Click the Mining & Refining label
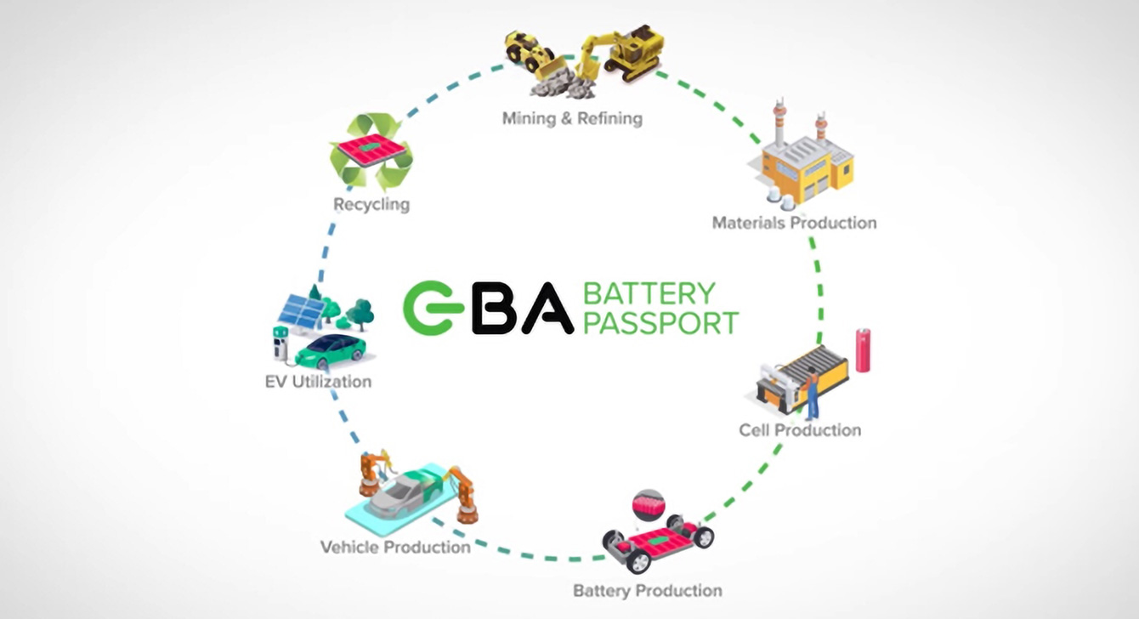tap(571, 118)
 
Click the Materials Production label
tap(794, 223)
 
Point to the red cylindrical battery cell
tap(863, 350)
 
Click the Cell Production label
tap(799, 430)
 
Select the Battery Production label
tap(647, 590)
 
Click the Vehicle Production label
tap(395, 547)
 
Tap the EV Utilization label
tap(318, 382)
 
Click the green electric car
tap(331, 348)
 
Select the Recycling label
tap(371, 205)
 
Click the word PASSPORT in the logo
tap(660, 323)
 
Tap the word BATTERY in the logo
tap(649, 293)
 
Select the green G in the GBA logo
tap(430, 308)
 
